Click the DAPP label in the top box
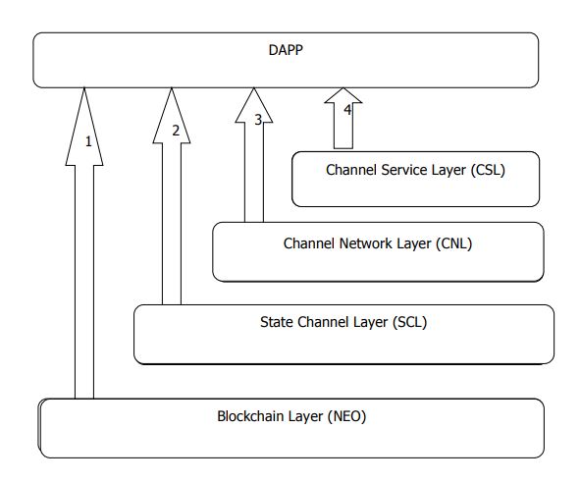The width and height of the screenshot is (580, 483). [x=286, y=49]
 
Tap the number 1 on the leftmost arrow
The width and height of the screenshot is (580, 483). [x=88, y=141]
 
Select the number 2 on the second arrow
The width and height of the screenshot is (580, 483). [x=176, y=130]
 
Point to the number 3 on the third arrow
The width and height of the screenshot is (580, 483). [x=258, y=120]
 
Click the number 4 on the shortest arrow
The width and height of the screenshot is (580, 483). [x=347, y=110]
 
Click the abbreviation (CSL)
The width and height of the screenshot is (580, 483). [x=487, y=170]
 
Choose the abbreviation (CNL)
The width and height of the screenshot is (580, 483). [x=453, y=243]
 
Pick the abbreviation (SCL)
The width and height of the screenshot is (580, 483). [x=409, y=322]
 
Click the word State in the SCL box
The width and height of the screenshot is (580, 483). [x=277, y=322]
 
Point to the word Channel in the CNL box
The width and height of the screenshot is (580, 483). [x=309, y=243]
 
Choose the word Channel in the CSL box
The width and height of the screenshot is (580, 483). [x=352, y=170]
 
